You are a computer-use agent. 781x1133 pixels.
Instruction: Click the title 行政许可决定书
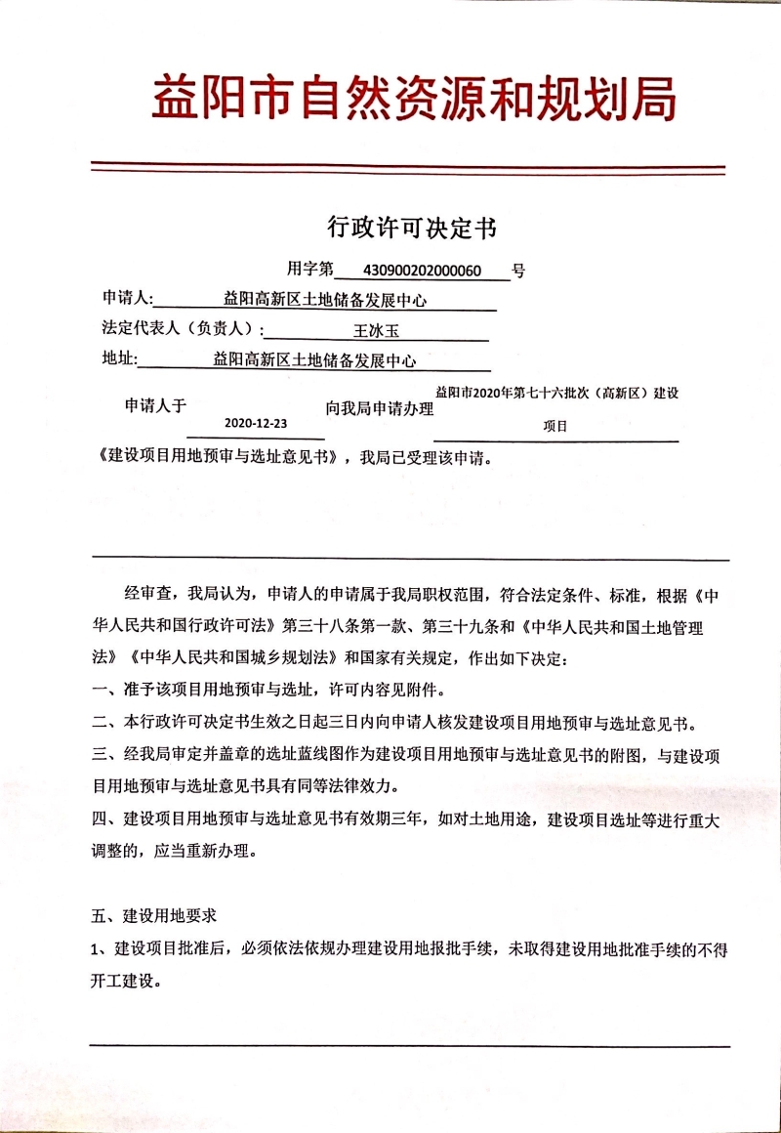pos(411,228)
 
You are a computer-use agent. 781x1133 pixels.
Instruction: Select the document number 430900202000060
pos(423,270)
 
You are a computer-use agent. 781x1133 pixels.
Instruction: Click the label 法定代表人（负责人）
pos(182,329)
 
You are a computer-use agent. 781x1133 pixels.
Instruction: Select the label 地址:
pos(119,359)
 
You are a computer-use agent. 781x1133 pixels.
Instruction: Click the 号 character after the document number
pos(518,271)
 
